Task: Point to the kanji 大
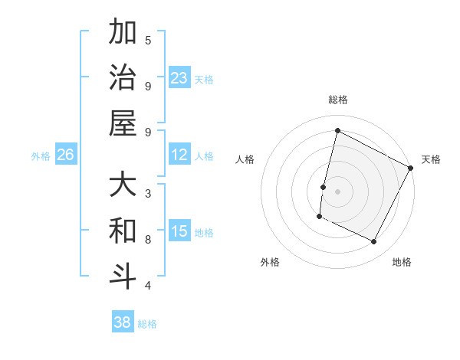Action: (123, 186)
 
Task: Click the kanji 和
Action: (123, 231)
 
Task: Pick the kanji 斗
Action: (123, 276)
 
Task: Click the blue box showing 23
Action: (179, 77)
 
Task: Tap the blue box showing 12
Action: (179, 155)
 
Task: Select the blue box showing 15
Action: (179, 231)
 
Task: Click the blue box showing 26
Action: (65, 155)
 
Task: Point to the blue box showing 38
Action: (123, 322)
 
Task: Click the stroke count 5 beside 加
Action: (148, 41)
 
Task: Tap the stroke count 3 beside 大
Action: (148, 194)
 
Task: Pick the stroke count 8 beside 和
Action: (148, 239)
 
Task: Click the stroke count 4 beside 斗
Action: (148, 285)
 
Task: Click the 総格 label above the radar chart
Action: (337, 100)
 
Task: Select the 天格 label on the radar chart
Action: (431, 159)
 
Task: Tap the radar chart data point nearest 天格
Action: (411, 168)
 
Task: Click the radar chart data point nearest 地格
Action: (374, 242)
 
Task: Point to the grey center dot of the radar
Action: (337, 191)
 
